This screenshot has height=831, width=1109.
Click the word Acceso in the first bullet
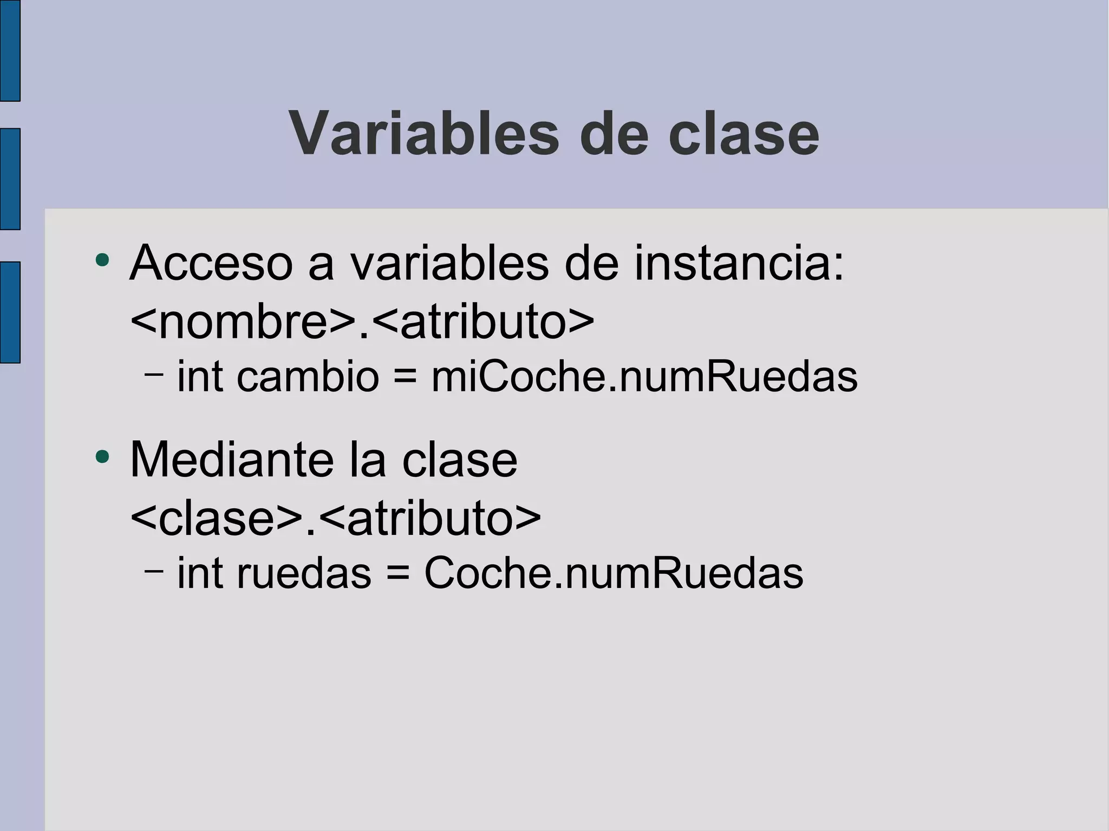pyautogui.click(x=211, y=264)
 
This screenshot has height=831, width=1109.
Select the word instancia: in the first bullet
pyautogui.click(x=739, y=264)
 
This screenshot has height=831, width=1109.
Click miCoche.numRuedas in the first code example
pyautogui.click(x=644, y=377)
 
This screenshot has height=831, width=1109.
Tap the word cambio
pyautogui.click(x=308, y=377)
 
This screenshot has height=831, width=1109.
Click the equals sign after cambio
pyautogui.click(x=405, y=377)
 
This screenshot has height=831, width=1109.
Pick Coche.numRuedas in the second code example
pyautogui.click(x=614, y=573)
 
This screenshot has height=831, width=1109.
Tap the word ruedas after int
pyautogui.click(x=304, y=573)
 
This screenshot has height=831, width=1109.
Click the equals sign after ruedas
pyautogui.click(x=397, y=573)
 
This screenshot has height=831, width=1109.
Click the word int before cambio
pyautogui.click(x=200, y=377)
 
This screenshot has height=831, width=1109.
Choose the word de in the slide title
pyautogui.click(x=614, y=134)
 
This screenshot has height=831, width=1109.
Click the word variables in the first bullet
pyautogui.click(x=449, y=264)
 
